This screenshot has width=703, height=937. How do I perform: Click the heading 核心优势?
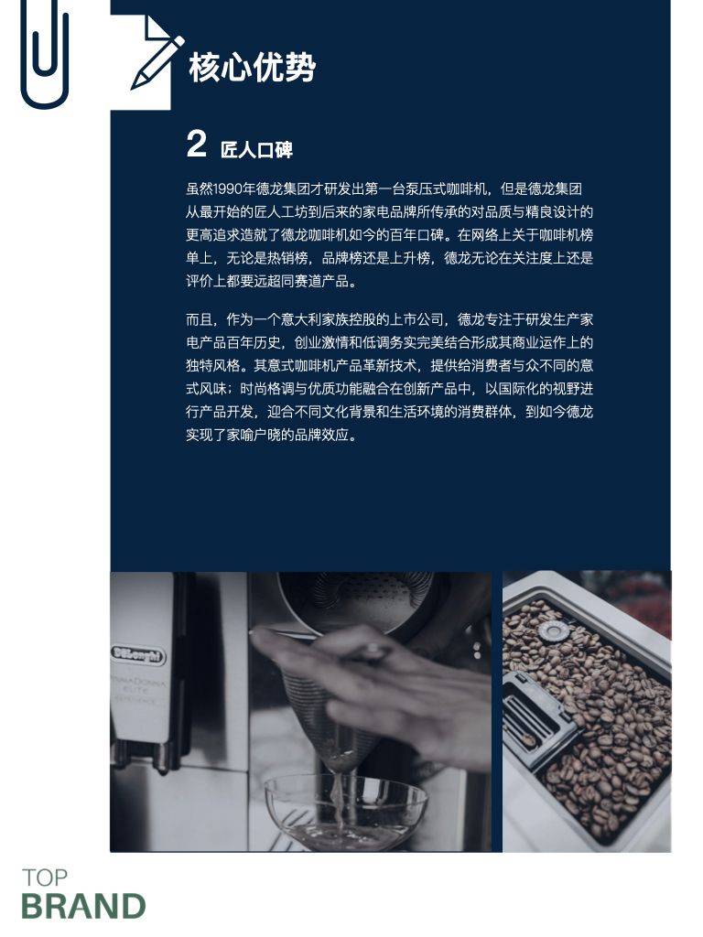252,68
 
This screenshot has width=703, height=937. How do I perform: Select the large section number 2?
196,145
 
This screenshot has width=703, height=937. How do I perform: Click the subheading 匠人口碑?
256,148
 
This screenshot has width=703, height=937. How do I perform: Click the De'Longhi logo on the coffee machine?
138,654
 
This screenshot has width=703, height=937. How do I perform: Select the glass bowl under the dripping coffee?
346,810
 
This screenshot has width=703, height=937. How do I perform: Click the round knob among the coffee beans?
553,630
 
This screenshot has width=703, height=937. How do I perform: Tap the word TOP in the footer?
45,878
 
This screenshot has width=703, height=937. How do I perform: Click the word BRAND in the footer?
83,907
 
